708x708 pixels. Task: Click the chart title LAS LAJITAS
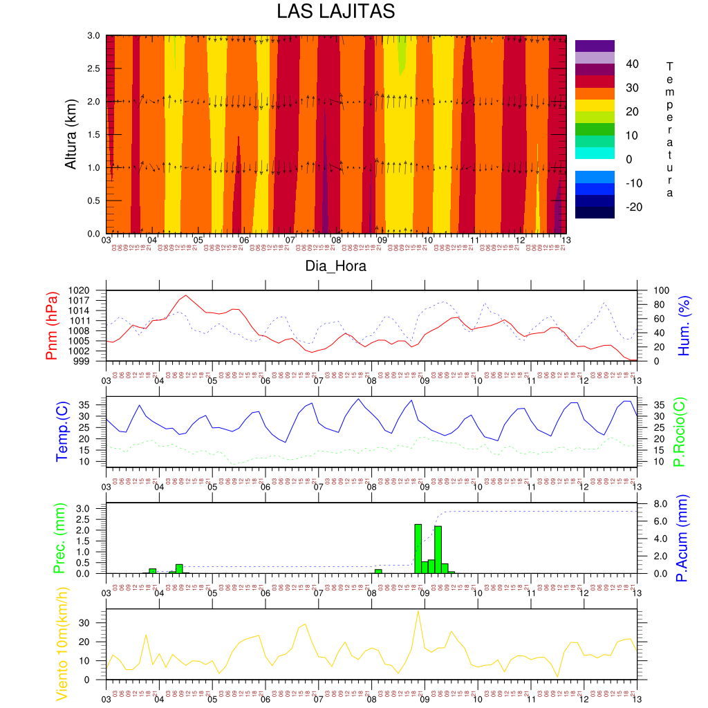(335, 12)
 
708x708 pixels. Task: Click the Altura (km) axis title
(71, 133)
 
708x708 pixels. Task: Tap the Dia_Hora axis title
(335, 265)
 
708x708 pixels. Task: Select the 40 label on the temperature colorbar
(632, 64)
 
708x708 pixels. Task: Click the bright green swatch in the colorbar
(595, 129)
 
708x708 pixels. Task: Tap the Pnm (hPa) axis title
(52, 325)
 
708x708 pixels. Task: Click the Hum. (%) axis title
(685, 325)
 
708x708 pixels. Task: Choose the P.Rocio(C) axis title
(680, 432)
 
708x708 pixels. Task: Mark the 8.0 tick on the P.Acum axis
(655, 503)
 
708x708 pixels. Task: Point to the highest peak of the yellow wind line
(418, 611)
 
